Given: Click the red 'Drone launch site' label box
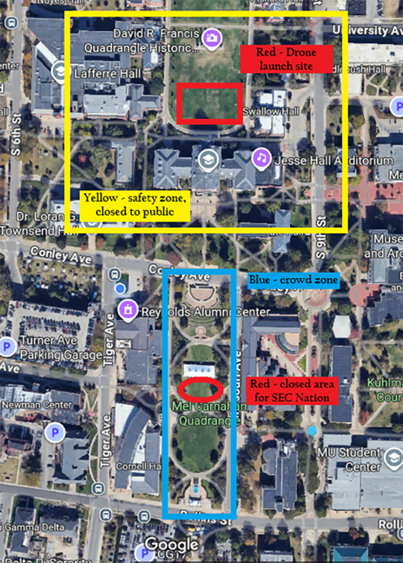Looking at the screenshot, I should [x=286, y=59].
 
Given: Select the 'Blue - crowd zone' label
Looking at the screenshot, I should [x=293, y=280].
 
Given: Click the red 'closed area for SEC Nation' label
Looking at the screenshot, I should [x=289, y=391].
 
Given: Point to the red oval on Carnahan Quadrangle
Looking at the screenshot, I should [x=200, y=390].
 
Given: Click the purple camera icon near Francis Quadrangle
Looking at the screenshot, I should [x=211, y=38].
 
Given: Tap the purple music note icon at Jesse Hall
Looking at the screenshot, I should [x=261, y=158].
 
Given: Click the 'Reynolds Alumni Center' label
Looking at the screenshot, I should [x=206, y=312].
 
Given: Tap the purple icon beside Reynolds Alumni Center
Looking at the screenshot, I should [x=127, y=311].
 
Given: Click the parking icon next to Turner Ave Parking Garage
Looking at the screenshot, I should [x=7, y=347].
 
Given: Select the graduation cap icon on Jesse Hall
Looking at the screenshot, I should [x=208, y=159].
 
